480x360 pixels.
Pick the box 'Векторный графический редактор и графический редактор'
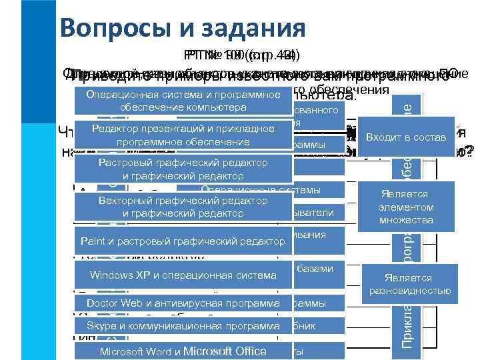click(x=183, y=207)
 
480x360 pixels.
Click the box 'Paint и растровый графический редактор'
click(x=183, y=241)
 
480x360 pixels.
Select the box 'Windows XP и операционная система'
click(x=183, y=275)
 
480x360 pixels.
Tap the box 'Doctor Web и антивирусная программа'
click(x=183, y=304)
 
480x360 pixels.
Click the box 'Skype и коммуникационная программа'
click(x=183, y=326)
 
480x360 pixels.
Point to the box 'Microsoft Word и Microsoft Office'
click(x=183, y=351)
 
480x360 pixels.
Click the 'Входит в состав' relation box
click(x=406, y=136)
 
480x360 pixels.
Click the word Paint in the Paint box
click(x=92, y=241)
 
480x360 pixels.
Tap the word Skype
click(x=99, y=326)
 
